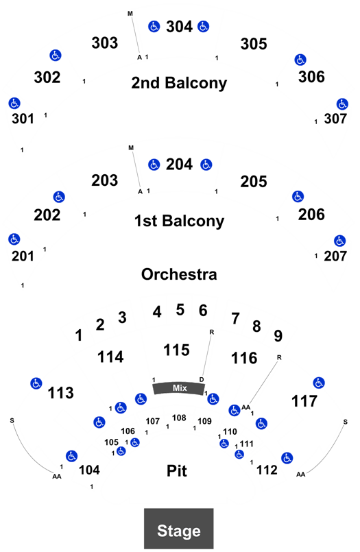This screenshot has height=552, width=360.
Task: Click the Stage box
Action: pos(179,529)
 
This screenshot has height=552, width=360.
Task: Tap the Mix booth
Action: pos(179,388)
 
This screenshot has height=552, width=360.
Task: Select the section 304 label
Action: pos(179,27)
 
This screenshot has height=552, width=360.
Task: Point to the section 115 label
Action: pos(177,350)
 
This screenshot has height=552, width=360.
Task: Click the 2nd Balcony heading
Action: pos(179,83)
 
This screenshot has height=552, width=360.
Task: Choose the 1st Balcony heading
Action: pos(179,221)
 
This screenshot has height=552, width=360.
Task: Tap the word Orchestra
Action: pos(179,274)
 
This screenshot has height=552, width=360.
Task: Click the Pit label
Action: pos(177,470)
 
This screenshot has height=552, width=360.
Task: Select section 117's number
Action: pos(304,401)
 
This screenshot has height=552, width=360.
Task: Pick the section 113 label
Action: pos(60,393)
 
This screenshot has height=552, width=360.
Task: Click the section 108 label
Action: pos(179,418)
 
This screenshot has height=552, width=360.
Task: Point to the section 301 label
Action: pos(23,119)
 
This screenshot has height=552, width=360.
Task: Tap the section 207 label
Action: pos(335,256)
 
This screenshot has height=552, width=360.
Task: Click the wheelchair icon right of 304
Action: pos(204,26)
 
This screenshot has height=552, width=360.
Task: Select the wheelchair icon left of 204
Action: pos(154,165)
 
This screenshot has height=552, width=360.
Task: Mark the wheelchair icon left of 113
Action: pos(36,383)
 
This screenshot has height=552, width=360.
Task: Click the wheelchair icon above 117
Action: pos(319,383)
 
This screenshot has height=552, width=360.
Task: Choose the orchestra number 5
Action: pos(180,310)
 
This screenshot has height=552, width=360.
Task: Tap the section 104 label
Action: pos(89,470)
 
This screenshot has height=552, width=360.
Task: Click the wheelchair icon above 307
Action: pos(342,104)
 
